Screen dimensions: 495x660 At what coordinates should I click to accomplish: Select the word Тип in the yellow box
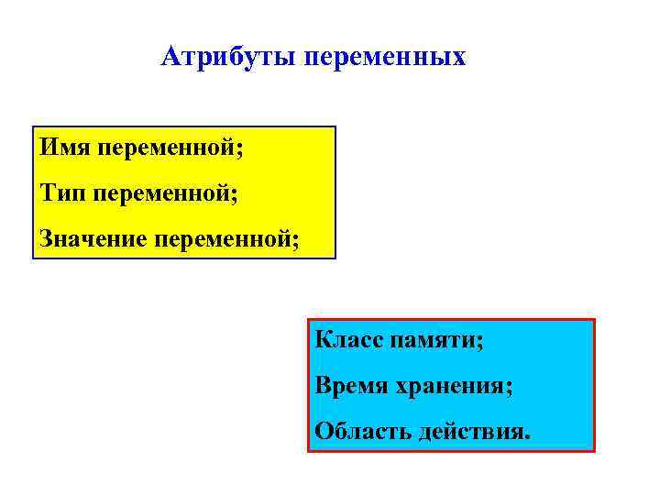(x=62, y=193)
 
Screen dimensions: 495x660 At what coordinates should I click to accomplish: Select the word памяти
(x=432, y=341)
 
